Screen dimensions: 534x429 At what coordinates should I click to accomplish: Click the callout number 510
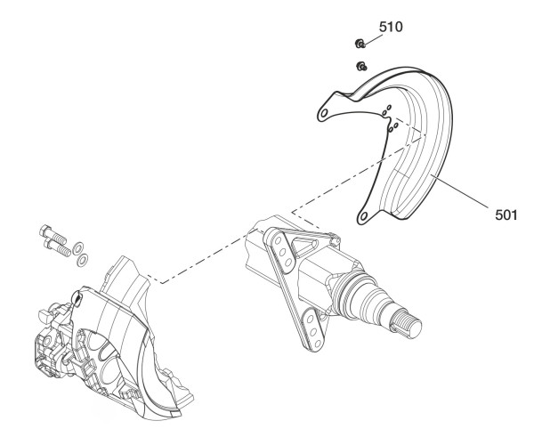pyautogui.click(x=391, y=27)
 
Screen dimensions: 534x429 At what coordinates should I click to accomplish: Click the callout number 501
pyautogui.click(x=506, y=214)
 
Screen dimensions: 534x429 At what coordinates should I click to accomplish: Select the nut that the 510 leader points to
pyautogui.click(x=360, y=44)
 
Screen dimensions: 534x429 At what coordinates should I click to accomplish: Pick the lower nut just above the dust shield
pyautogui.click(x=361, y=66)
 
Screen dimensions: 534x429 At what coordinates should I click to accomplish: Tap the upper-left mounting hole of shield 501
pyautogui.click(x=324, y=113)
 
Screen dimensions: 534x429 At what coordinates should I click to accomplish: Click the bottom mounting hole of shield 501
pyautogui.click(x=363, y=216)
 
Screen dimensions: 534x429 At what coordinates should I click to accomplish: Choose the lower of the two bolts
pyautogui.click(x=57, y=247)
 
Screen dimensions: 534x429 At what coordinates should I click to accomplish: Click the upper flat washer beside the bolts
pyautogui.click(x=79, y=247)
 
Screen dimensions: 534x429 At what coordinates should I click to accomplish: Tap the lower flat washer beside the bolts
pyautogui.click(x=83, y=260)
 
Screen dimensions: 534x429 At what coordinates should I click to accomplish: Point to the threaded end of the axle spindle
pyautogui.click(x=407, y=325)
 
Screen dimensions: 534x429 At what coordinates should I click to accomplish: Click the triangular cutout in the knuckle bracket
pyautogui.click(x=304, y=247)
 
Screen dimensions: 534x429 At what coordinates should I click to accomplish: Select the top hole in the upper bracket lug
pyautogui.click(x=279, y=240)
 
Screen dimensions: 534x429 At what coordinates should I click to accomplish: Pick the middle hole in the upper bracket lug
pyautogui.click(x=283, y=252)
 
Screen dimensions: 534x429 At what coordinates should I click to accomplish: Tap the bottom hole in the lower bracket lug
pyautogui.click(x=318, y=344)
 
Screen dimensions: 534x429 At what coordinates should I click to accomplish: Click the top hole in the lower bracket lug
pyautogui.click(x=311, y=320)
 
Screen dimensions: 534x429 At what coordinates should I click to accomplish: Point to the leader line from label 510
pyautogui.click(x=373, y=38)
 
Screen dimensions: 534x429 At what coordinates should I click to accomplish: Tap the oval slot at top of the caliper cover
pyautogui.click(x=77, y=298)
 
